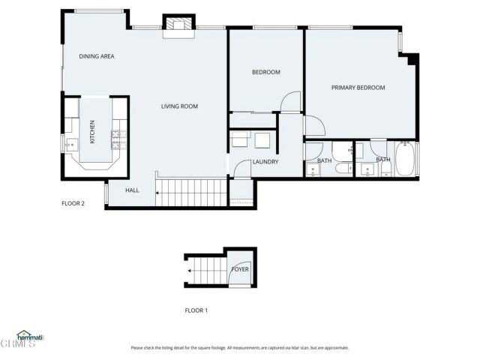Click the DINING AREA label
[97, 56]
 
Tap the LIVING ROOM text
[179, 106]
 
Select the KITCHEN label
[92, 132]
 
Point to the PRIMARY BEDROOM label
[358, 88]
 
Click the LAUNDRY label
[265, 161]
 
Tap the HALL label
[132, 190]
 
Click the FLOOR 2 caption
[73, 203]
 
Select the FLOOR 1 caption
[196, 310]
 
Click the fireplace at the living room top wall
[178, 25]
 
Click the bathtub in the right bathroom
[405, 160]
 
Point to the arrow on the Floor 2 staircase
[158, 193]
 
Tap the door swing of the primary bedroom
[313, 127]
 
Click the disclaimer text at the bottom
[239, 348]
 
